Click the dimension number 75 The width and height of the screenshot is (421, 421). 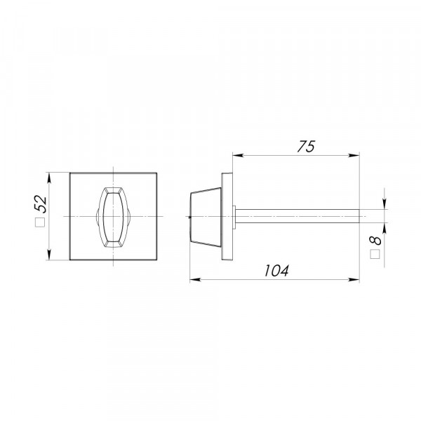click(306, 147)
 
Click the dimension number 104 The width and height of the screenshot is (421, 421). click(276, 271)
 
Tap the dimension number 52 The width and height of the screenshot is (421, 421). click(41, 204)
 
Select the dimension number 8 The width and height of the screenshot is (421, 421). click(375, 240)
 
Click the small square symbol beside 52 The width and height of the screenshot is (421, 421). click(40, 222)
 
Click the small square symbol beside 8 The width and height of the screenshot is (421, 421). click(375, 254)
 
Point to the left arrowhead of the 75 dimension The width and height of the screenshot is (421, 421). click(238, 155)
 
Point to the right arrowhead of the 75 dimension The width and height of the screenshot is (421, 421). click(354, 155)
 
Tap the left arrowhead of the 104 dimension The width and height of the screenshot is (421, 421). click(195, 279)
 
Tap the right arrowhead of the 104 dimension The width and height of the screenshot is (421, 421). click(354, 279)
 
